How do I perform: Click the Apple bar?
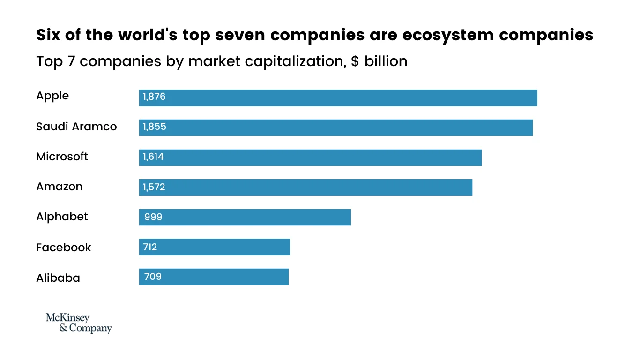(x=338, y=98)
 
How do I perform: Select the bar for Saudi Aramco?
(x=335, y=127)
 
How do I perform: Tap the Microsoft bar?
(x=310, y=157)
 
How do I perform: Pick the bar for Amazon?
(x=305, y=187)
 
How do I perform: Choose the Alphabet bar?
(x=245, y=217)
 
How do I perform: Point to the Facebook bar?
(x=214, y=247)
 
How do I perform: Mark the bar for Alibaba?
(x=214, y=277)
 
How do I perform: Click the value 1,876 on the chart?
(x=154, y=97)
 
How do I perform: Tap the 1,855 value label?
(x=154, y=127)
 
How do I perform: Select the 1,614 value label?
(x=153, y=157)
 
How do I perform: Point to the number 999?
(x=153, y=217)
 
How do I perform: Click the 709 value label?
(x=153, y=277)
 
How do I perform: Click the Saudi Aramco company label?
(x=76, y=127)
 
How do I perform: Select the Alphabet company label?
(x=62, y=217)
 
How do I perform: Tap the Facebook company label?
(x=63, y=247)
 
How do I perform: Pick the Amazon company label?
(x=59, y=187)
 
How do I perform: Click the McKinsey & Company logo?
(x=79, y=323)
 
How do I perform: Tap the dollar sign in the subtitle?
(x=355, y=61)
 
